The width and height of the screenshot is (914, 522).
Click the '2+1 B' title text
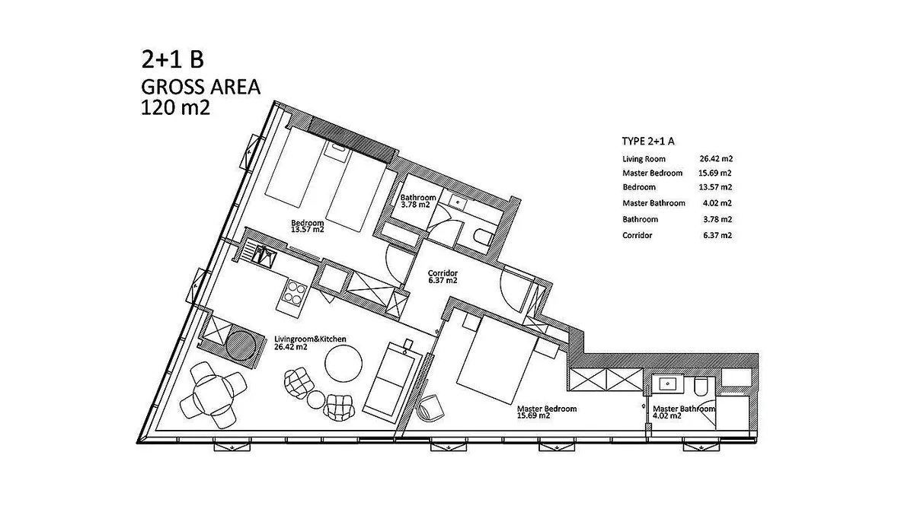click(172, 59)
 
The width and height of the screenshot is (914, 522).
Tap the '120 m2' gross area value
click(175, 108)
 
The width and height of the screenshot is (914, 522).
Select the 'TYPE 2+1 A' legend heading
click(648, 142)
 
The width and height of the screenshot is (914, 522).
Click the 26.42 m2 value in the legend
click(716, 158)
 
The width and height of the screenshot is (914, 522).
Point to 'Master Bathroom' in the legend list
click(654, 203)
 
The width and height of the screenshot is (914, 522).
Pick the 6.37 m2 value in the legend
click(717, 235)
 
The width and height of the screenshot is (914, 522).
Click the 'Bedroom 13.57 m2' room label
click(307, 226)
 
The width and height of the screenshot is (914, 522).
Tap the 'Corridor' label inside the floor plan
click(443, 273)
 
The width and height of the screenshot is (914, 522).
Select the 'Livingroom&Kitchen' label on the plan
click(310, 339)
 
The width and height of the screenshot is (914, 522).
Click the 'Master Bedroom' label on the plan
click(547, 409)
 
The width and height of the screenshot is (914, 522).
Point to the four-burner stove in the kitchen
click(296, 293)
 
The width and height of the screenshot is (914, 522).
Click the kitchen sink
click(264, 256)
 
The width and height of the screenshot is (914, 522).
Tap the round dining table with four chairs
click(213, 395)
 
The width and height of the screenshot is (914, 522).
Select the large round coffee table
click(344, 364)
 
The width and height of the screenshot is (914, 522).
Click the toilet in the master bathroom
click(701, 386)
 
